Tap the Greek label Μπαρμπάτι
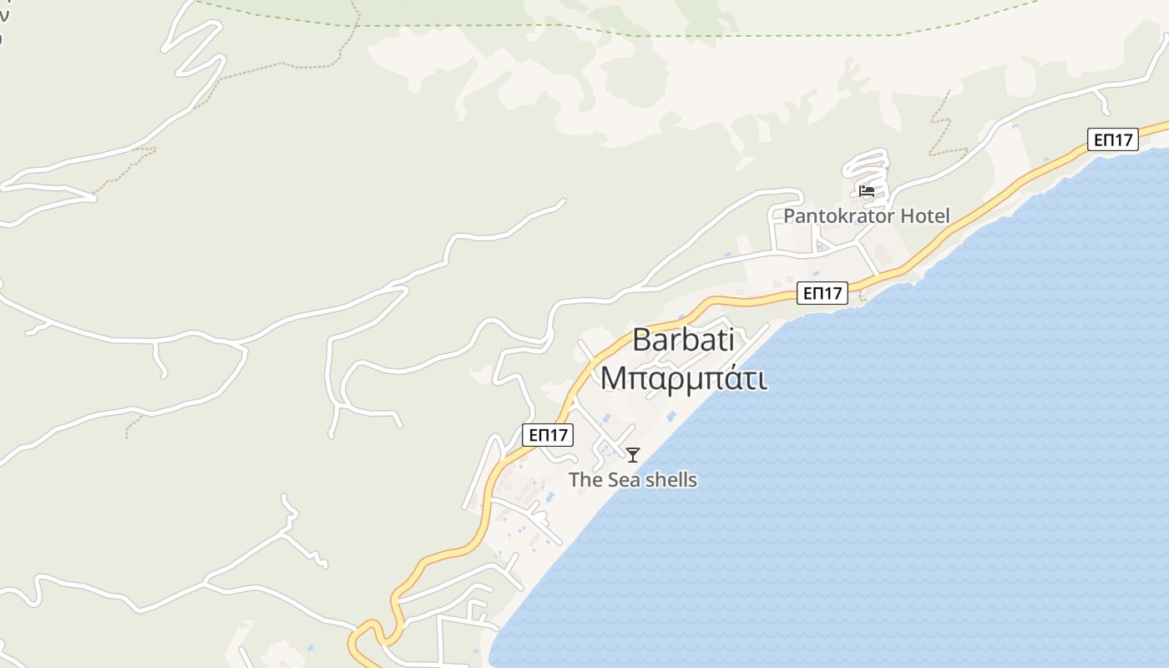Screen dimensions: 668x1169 [x=683, y=378]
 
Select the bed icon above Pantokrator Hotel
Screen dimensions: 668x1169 [x=867, y=191]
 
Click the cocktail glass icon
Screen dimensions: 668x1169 [x=633, y=455]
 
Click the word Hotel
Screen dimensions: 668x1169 [x=924, y=216]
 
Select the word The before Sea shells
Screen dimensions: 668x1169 [x=585, y=480]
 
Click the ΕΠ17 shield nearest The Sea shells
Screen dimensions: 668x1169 [x=548, y=434]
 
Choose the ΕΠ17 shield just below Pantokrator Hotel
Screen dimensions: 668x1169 [x=822, y=293]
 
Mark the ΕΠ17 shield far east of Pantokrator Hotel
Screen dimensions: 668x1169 [x=1113, y=139]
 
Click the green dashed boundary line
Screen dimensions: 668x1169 [x=751, y=35]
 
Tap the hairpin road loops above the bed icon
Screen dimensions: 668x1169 [x=868, y=163]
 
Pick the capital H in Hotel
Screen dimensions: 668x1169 [x=906, y=216]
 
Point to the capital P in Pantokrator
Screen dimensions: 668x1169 [x=789, y=216]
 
